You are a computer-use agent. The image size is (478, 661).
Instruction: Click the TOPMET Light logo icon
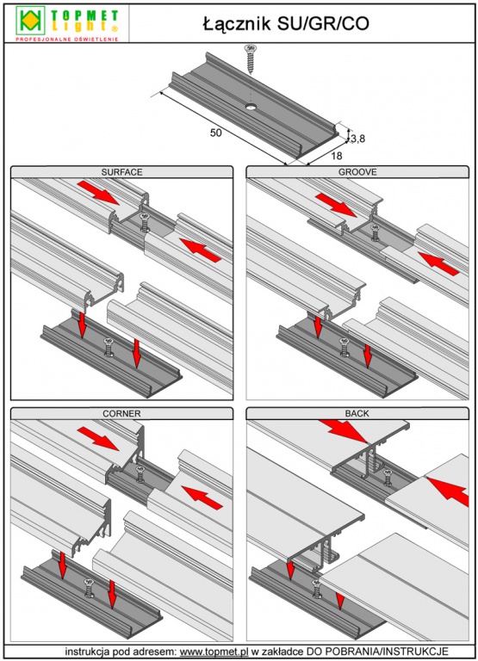tap(30, 21)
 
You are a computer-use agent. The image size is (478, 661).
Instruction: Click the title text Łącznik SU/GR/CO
tap(286, 24)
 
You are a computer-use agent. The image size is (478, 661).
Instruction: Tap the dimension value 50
tap(215, 133)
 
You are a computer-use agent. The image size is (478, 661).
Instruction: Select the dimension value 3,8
tap(357, 138)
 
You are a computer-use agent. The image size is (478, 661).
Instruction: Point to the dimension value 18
tap(336, 156)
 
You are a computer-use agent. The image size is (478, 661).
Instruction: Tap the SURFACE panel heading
tap(121, 172)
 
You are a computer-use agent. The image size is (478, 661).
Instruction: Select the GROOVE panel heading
tap(357, 172)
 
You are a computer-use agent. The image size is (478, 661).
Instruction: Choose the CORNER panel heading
tap(121, 413)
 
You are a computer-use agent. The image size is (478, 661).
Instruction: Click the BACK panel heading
tap(357, 413)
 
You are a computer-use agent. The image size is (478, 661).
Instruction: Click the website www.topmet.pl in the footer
tap(214, 652)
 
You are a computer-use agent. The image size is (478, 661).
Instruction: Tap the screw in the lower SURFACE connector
tap(109, 347)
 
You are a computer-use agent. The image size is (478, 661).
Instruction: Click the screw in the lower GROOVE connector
tap(345, 347)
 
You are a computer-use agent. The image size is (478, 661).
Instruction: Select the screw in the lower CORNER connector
tap(89, 589)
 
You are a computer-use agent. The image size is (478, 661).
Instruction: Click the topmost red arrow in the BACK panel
tap(343, 430)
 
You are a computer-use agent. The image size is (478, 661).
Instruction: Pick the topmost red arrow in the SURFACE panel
tap(98, 193)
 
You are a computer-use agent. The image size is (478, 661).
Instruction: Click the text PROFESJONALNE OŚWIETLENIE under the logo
tap(66, 40)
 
